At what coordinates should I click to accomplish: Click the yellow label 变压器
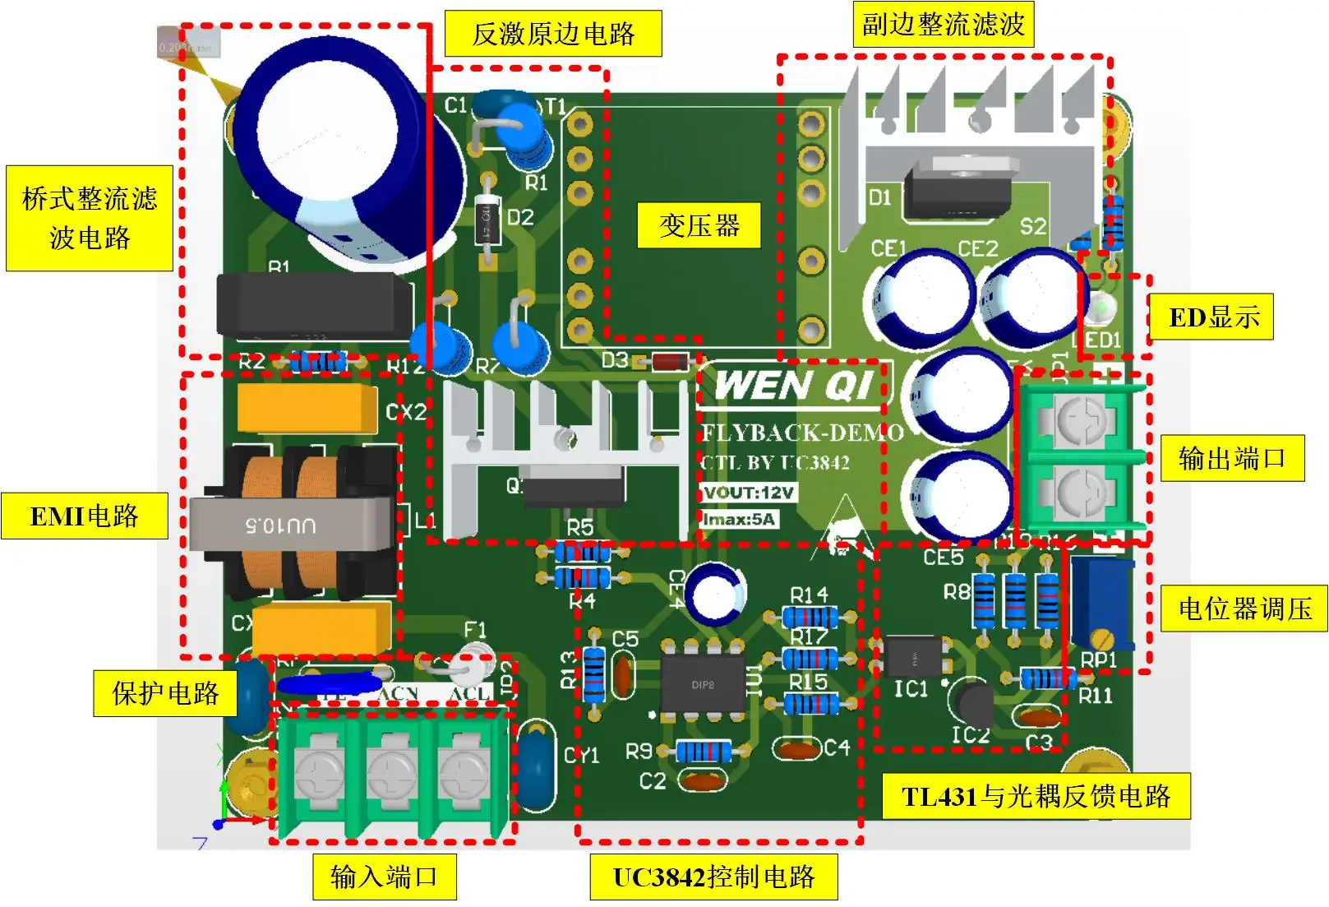[x=699, y=225]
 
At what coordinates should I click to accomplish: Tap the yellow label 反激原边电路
[x=553, y=34]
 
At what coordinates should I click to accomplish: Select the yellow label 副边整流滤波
[x=943, y=25]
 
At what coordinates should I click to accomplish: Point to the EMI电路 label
[x=85, y=516]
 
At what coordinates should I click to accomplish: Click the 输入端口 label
[x=384, y=877]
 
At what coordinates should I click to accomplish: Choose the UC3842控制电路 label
[x=713, y=877]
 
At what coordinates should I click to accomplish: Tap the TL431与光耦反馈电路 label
[x=1036, y=796]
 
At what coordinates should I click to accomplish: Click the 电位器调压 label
[x=1244, y=609]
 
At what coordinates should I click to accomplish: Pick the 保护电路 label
[x=165, y=693]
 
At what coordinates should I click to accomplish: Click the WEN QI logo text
[x=793, y=386]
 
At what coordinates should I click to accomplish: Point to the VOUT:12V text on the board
[x=749, y=493]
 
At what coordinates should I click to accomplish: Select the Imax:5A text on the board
[x=739, y=519]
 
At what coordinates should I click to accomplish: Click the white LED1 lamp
[x=1100, y=308]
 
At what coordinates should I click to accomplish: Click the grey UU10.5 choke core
[x=292, y=524]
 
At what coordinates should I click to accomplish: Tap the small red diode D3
[x=670, y=361]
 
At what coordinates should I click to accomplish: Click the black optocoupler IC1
[x=914, y=659]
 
